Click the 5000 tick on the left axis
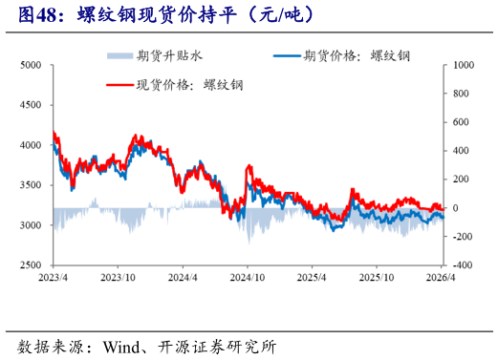(x=30, y=65)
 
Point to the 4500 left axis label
(x=30, y=105)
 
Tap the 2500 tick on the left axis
(x=30, y=265)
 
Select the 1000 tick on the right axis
(x=463, y=65)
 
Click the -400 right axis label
(x=463, y=265)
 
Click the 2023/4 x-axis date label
(x=53, y=277)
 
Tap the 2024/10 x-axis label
(x=248, y=277)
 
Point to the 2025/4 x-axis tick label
(x=313, y=277)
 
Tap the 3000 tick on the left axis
(x=30, y=224)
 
